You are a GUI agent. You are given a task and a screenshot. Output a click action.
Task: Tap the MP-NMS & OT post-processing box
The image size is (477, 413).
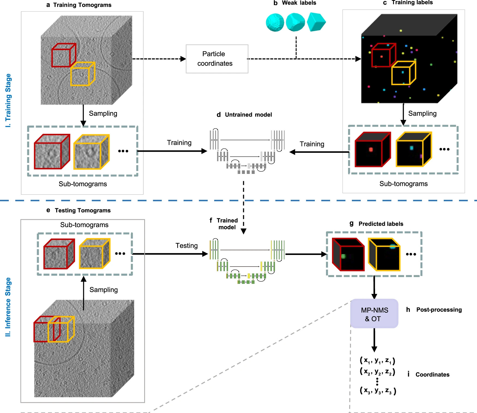click(x=374, y=314)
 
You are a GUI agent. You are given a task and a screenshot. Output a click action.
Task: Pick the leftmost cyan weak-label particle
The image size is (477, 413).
click(x=275, y=22)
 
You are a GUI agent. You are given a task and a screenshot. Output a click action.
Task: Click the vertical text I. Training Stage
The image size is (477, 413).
click(x=8, y=100)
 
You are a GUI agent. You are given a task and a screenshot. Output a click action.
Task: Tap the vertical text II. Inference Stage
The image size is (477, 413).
click(x=8, y=307)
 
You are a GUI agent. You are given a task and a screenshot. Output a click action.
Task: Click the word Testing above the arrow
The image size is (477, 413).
click(x=186, y=246)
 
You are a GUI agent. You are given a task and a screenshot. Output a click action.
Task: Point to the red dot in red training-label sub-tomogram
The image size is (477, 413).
click(x=371, y=149)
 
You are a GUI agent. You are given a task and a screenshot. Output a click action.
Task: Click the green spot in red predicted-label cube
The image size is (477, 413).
click(x=343, y=256)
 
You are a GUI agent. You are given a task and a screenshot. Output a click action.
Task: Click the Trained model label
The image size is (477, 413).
click(x=227, y=224)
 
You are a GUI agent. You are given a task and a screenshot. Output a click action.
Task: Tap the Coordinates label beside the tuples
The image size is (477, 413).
click(x=432, y=375)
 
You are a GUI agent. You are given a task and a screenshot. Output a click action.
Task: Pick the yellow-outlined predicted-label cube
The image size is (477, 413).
click(x=384, y=254)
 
